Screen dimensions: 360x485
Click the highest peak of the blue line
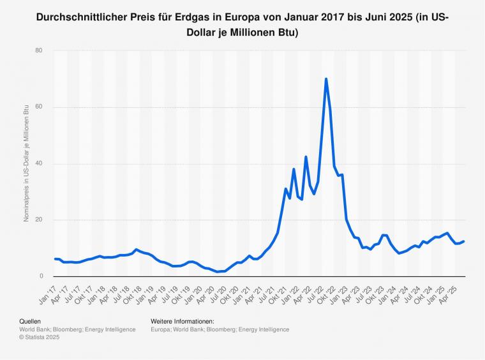(x=326, y=79)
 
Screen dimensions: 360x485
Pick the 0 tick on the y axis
(x=40, y=276)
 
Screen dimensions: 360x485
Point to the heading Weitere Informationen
(x=182, y=321)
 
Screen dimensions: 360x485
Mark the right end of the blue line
(x=464, y=241)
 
